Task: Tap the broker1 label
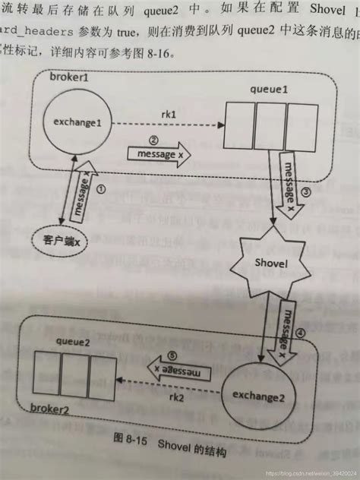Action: [68, 78]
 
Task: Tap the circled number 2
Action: [153, 140]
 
